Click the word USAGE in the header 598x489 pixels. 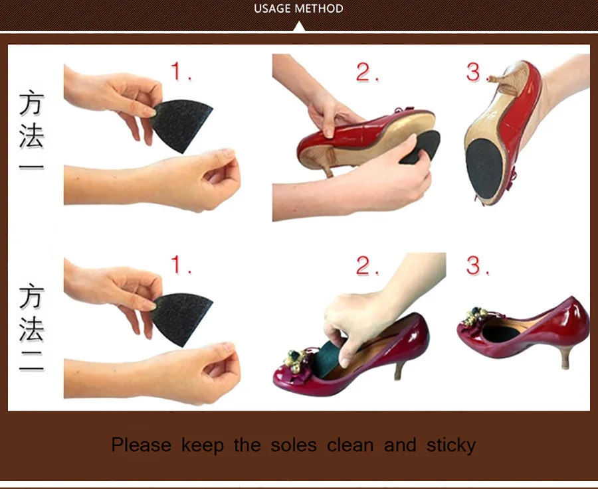click(271, 9)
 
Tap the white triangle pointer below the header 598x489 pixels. click(300, 27)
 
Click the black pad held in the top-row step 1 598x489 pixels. click(181, 125)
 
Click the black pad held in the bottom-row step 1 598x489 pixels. click(181, 318)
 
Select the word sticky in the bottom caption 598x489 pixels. click(451, 445)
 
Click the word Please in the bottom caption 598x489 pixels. click(141, 445)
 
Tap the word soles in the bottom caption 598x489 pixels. click(294, 445)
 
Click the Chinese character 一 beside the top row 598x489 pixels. click(31, 167)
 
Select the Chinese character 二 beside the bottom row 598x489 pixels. click(31, 361)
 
